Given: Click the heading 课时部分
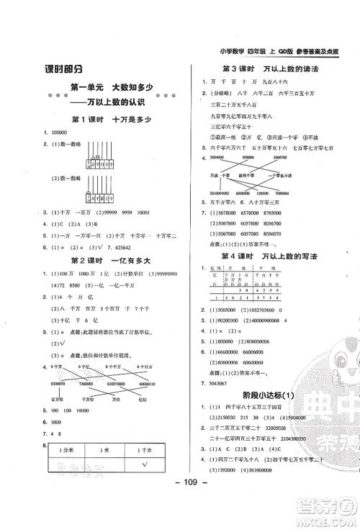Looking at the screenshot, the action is pyautogui.click(x=63, y=69).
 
